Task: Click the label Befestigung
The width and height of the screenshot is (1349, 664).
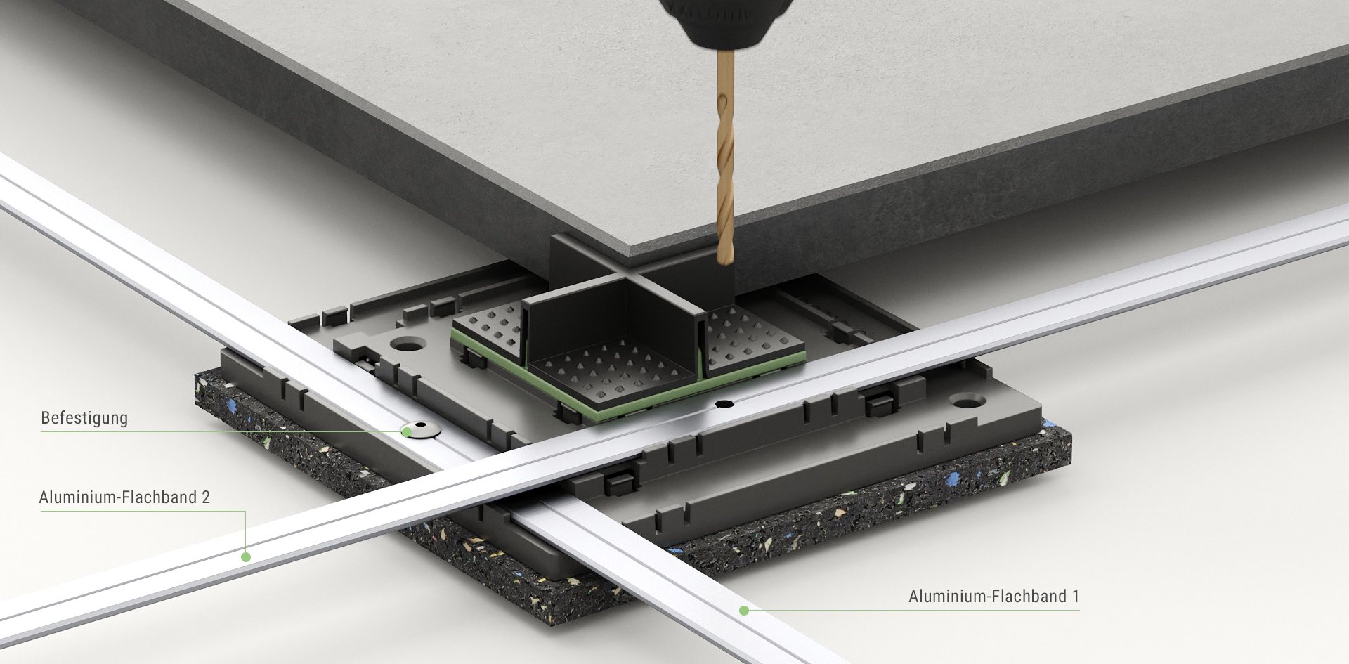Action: pos(84,418)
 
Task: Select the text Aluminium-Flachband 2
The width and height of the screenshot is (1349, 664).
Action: pos(124,497)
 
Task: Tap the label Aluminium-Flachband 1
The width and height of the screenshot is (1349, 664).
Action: pos(993,597)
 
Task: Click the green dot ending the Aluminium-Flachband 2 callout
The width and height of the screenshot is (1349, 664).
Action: pos(246,556)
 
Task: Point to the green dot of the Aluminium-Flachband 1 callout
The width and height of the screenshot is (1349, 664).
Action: pos(744,611)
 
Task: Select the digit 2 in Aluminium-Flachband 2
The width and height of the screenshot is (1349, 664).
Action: pos(205,497)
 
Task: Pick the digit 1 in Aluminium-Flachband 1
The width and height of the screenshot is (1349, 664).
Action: pos(1075,597)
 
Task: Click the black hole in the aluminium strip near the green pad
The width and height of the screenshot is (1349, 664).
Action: pos(724,404)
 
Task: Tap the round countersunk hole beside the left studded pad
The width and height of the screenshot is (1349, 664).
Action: pos(408,344)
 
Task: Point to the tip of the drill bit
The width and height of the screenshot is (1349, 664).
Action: pos(725,264)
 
